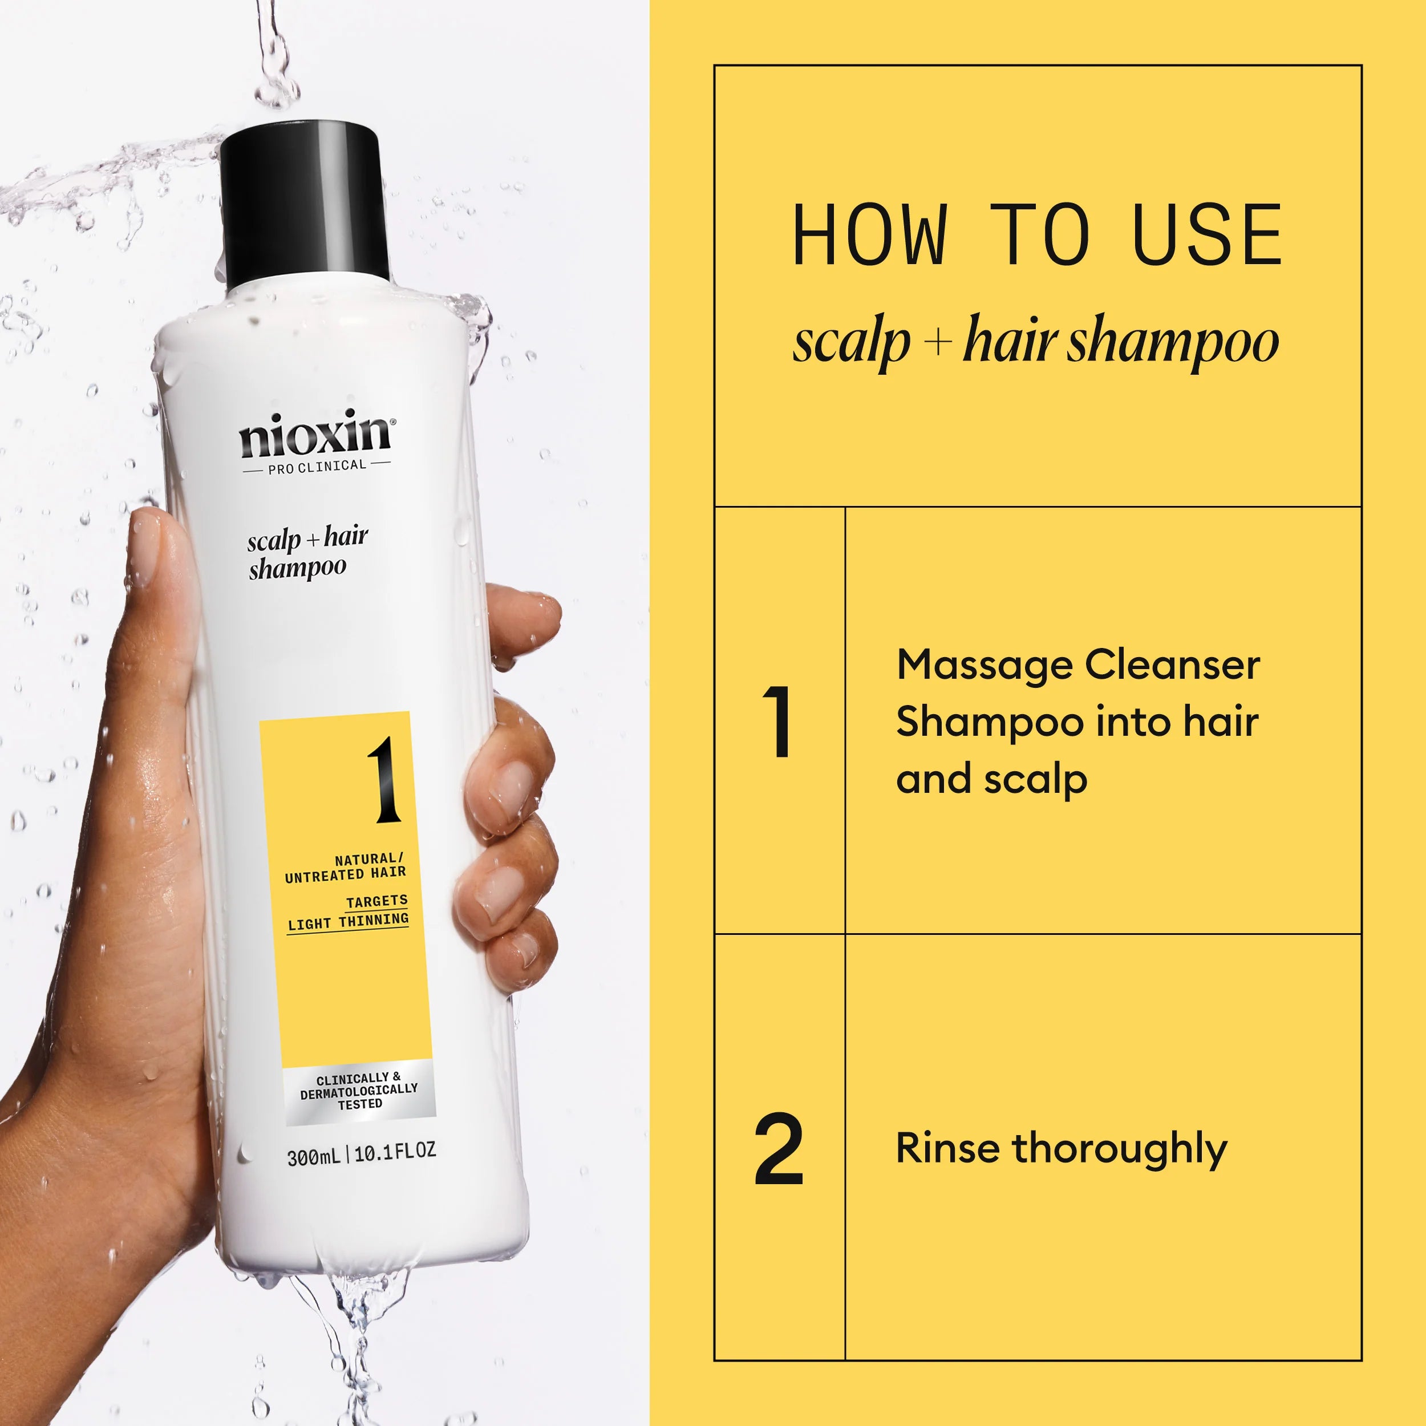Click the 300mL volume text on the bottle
tap(314, 1156)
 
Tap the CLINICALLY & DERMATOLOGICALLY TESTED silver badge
tap(359, 1091)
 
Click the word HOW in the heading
tap(869, 236)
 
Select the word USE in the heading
tap(1208, 236)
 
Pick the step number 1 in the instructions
tap(778, 722)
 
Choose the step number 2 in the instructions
tap(779, 1149)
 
